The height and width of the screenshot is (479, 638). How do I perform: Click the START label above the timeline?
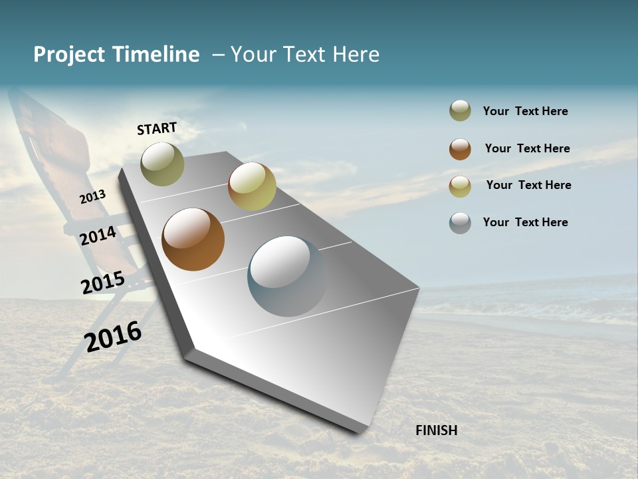pyautogui.click(x=157, y=128)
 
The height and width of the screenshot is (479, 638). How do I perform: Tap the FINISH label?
pyautogui.click(x=436, y=430)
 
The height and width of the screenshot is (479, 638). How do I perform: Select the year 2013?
pyautogui.click(x=93, y=196)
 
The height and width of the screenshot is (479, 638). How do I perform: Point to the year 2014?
pyautogui.click(x=98, y=236)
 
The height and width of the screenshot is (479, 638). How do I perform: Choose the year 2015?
pyautogui.click(x=103, y=283)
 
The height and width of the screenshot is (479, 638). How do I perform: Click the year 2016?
pyautogui.click(x=113, y=337)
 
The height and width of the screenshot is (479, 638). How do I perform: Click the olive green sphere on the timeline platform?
pyautogui.click(x=162, y=164)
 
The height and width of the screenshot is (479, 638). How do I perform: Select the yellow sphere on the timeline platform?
pyautogui.click(x=252, y=186)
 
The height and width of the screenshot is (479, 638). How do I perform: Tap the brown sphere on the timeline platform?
pyautogui.click(x=193, y=239)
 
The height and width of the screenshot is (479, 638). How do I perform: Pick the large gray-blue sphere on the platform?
pyautogui.click(x=287, y=276)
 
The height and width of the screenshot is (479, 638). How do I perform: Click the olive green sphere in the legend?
pyautogui.click(x=460, y=111)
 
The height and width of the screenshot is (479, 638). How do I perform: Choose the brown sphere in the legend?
pyautogui.click(x=460, y=149)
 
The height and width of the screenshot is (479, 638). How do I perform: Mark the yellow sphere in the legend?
pyautogui.click(x=460, y=186)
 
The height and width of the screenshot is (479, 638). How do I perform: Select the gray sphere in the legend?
pyautogui.click(x=460, y=223)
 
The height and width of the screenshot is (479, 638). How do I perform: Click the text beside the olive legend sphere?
pyautogui.click(x=525, y=111)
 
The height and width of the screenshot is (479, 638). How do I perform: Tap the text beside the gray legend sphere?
pyautogui.click(x=525, y=222)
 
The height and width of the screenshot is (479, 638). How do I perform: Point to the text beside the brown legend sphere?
pyautogui.click(x=527, y=148)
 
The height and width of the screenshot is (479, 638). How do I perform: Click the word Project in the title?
pyautogui.click(x=69, y=55)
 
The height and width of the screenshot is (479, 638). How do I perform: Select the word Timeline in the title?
pyautogui.click(x=156, y=55)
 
